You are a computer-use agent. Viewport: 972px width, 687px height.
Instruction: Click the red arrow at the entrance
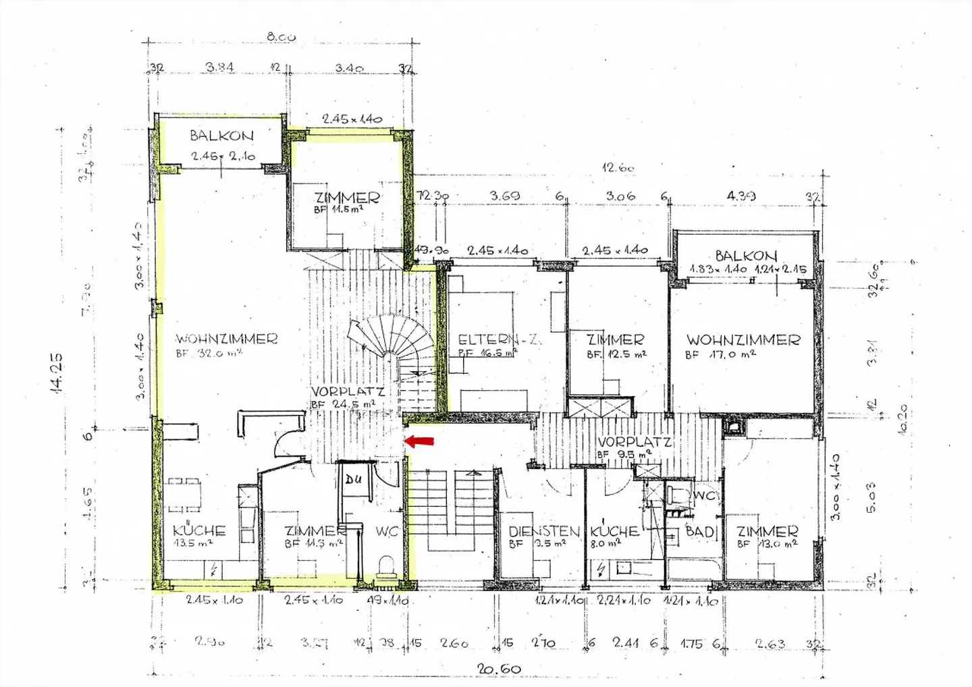pos(419,441)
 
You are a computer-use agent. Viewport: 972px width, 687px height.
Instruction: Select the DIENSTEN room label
pos(544,532)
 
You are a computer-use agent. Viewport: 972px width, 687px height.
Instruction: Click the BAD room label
pos(700,532)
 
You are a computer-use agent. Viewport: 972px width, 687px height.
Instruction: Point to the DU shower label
pos(353,480)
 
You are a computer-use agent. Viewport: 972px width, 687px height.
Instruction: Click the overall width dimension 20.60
pos(499,669)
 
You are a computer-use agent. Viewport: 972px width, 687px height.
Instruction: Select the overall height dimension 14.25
pos(56,373)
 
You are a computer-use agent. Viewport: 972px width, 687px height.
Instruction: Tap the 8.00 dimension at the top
pos(281,37)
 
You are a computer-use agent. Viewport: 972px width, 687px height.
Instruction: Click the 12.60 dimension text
pos(617,167)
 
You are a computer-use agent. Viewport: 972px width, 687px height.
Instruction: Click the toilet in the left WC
pos(387,564)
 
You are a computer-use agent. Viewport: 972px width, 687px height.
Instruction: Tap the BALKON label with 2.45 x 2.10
pos(221,136)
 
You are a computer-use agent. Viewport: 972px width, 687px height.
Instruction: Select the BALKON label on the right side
pos(746,256)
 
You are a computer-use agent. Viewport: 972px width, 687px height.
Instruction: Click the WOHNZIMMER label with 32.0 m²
pos(226,339)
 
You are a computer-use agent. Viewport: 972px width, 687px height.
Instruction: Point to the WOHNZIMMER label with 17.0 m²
pos(743,340)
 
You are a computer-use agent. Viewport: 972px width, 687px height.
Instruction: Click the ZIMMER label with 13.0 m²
pos(767,532)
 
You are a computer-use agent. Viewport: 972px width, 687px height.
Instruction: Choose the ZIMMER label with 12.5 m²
pos(615,339)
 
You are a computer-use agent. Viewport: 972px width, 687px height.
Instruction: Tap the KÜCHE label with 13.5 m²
pos(198,530)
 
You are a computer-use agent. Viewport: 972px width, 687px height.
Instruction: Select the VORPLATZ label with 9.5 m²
pos(634,443)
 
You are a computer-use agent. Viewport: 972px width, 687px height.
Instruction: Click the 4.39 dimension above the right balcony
pos(740,196)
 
